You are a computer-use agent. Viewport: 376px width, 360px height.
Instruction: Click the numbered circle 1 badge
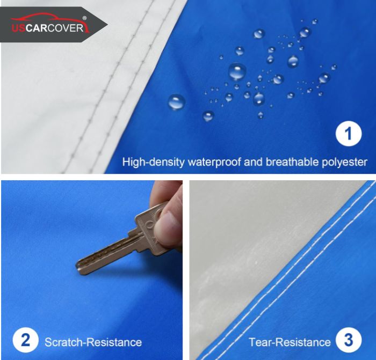click(349, 134)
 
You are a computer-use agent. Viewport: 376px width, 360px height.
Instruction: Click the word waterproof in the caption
click(209, 161)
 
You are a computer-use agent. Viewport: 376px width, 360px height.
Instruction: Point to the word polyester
click(343, 161)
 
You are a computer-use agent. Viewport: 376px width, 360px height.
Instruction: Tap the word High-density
click(153, 161)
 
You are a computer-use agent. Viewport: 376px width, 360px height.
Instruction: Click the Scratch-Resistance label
click(93, 342)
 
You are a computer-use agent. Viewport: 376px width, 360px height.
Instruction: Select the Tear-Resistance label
click(290, 342)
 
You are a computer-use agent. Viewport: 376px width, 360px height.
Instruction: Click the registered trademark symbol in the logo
click(84, 18)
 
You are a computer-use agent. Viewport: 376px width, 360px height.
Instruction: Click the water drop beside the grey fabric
click(176, 101)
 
